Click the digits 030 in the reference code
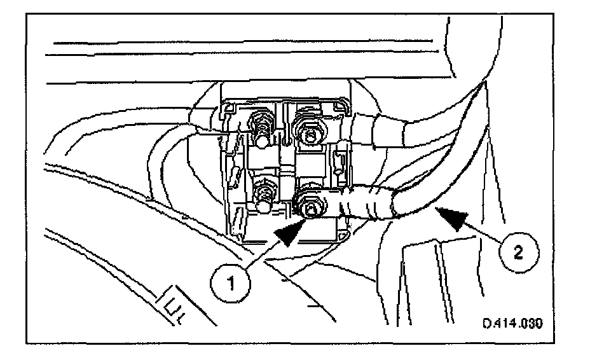coord(530,324)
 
